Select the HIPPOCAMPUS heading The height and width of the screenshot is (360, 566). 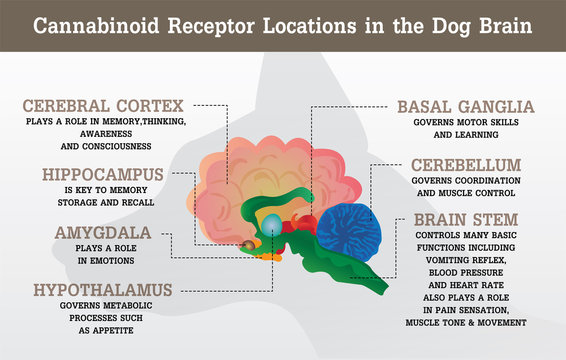tap(102, 174)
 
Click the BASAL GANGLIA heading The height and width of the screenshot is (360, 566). tap(466, 106)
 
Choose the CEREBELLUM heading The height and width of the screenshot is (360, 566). tap(466, 163)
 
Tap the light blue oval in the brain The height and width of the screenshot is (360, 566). tap(272, 224)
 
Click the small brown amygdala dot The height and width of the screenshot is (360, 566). tap(246, 243)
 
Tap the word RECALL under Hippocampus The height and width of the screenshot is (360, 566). tap(145, 200)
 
